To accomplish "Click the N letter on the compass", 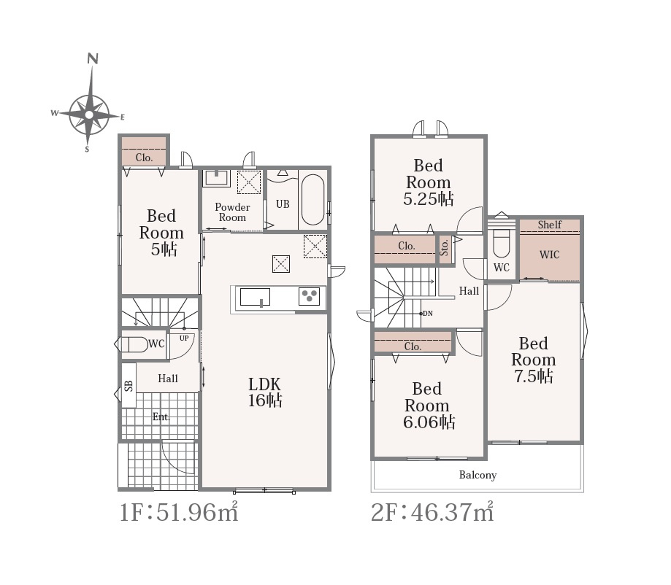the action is coord(93,58).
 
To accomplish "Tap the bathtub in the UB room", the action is coord(313,200).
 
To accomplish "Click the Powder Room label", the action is coord(232,212).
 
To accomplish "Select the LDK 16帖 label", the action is coord(265,392).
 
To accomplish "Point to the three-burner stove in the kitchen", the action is coord(309,296).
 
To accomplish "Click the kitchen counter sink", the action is coord(255,297).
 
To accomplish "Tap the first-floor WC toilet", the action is coord(134,344).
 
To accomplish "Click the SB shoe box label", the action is coord(129,386).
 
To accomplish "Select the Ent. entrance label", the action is coord(161,417).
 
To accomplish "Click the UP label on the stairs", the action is coord(184,338).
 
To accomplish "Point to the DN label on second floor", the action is coord(428,314).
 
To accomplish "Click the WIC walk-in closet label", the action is coord(550,255).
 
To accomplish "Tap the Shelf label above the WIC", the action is coord(550,225).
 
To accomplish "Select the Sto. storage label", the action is coord(444,247).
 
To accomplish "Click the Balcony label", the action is coord(478,475).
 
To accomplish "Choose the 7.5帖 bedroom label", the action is coord(534,376).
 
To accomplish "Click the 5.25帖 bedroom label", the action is coord(429,199).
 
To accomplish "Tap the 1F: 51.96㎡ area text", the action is coord(178,511).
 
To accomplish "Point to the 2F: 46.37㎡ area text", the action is coord(432,511).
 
